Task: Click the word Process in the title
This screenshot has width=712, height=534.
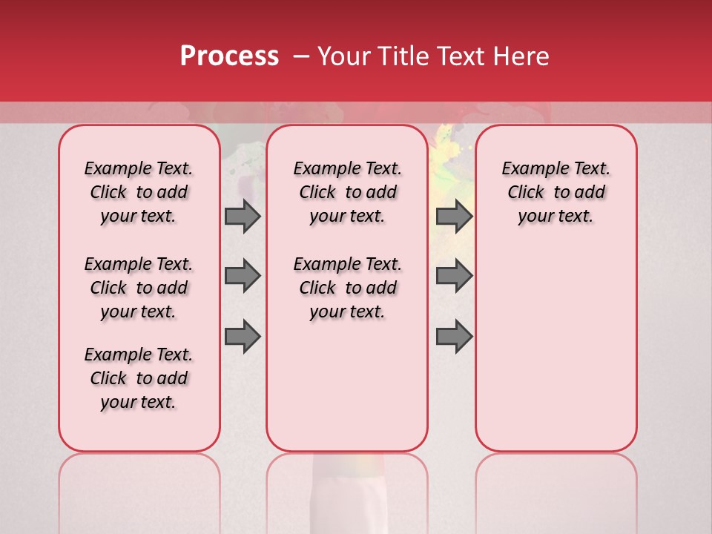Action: (x=229, y=56)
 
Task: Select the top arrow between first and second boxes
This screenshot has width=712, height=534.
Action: (x=243, y=216)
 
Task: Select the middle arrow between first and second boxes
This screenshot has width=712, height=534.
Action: (x=243, y=276)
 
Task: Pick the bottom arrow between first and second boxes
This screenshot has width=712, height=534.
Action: (x=243, y=337)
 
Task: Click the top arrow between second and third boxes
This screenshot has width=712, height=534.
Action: (x=454, y=216)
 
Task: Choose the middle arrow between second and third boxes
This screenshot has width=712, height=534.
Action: (x=454, y=276)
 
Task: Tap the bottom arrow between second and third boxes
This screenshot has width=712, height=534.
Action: (x=454, y=337)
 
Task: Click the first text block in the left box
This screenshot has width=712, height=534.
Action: (x=139, y=192)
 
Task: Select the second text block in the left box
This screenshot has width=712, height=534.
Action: (x=139, y=288)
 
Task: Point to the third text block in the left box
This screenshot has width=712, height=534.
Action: (x=139, y=378)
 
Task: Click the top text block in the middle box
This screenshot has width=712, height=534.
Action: (x=347, y=192)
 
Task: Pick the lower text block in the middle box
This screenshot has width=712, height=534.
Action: (x=347, y=288)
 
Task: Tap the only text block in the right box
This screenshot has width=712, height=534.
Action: (x=556, y=192)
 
